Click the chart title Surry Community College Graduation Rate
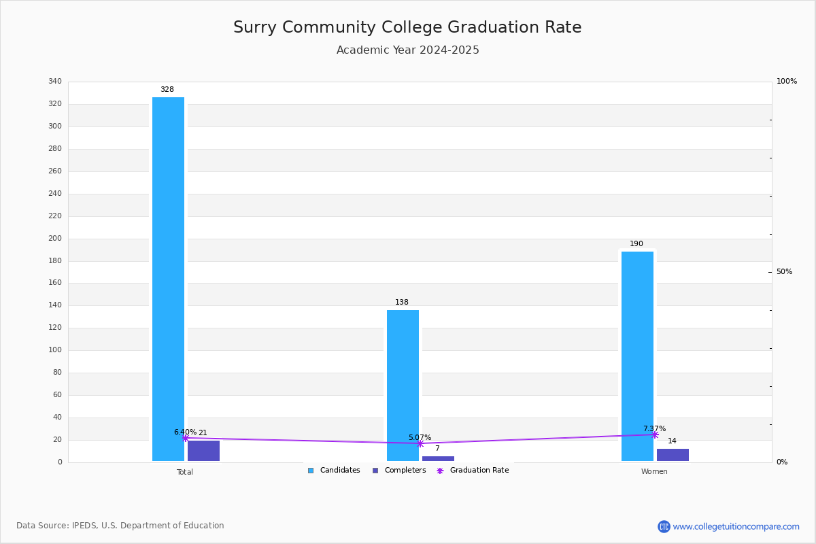click(407, 27)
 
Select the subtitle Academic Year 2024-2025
click(407, 50)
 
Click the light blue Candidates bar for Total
click(169, 279)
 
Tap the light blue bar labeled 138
click(403, 386)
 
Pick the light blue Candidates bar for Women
click(638, 356)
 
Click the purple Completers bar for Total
click(203, 451)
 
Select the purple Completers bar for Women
click(673, 455)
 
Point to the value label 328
click(167, 89)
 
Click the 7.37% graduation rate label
click(655, 428)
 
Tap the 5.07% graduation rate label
click(420, 437)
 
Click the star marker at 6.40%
click(186, 438)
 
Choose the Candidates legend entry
click(334, 471)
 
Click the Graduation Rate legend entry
click(473, 471)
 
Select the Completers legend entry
click(399, 471)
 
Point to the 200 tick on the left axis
click(55, 238)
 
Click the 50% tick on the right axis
click(784, 272)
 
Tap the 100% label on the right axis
click(787, 81)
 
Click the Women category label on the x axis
click(654, 471)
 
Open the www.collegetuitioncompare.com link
click(736, 526)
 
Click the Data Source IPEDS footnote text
click(120, 526)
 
